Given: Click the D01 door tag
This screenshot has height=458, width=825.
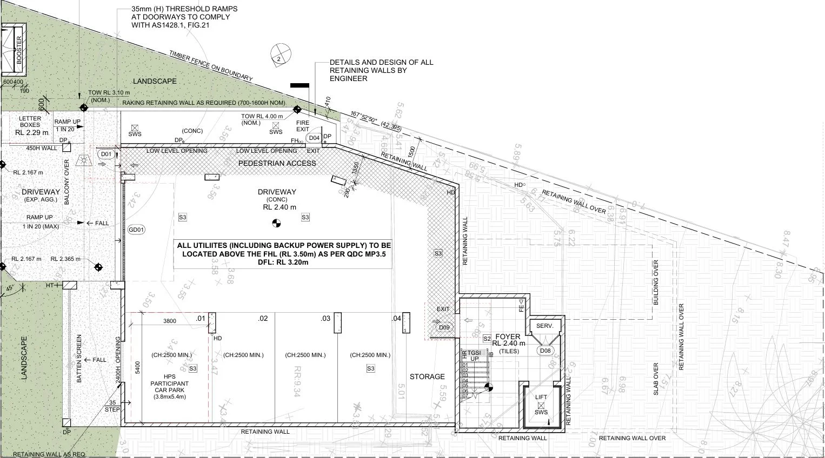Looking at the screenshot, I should pos(106,154).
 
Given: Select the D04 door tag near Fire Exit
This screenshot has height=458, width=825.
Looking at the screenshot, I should pos(314,138).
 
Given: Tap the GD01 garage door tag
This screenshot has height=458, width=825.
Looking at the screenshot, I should pos(136,230).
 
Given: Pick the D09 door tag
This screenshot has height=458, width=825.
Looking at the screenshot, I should pos(443,327).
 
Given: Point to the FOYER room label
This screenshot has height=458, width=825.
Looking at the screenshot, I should pos(508,336).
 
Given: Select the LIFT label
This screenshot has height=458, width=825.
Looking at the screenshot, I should pos(541,397).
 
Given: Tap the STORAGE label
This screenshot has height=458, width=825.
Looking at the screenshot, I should pos(427,376).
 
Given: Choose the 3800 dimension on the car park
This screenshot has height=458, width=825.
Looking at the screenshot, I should pos(169,321).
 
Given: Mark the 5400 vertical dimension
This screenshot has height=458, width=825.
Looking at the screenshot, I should pos(138,367).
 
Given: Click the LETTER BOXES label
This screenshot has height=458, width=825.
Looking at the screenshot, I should pos(30,122).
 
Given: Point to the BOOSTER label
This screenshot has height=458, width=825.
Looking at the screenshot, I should pos(19,50).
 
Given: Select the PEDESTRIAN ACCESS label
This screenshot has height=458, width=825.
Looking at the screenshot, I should pos(277,163).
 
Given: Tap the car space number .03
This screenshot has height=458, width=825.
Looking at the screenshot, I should pos(325,319).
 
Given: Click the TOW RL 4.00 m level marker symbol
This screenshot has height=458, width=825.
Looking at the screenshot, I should pos(297,110).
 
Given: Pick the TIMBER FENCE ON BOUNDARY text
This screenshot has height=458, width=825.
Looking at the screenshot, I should pos(210,66).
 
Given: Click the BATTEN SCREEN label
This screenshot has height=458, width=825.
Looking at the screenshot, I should pos(79,359).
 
